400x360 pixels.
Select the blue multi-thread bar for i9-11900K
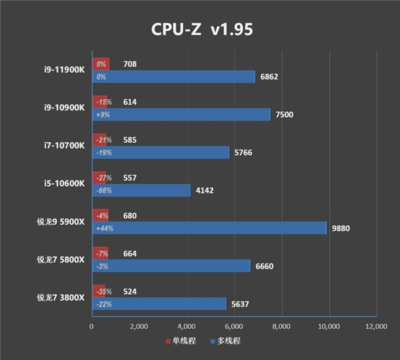[173, 77]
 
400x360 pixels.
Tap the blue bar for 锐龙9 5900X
[209, 228]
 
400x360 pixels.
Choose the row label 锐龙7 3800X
[61, 297]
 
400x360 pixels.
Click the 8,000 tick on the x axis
[281, 327]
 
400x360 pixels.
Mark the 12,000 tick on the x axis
[377, 327]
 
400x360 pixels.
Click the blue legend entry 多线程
[225, 341]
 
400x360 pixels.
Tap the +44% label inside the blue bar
[104, 228]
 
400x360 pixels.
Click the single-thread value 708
[131, 64]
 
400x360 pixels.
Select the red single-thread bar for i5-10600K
[100, 178]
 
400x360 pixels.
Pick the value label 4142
[204, 190]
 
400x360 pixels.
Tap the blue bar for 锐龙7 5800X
[171, 266]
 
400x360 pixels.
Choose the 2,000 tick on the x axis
[139, 327]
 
